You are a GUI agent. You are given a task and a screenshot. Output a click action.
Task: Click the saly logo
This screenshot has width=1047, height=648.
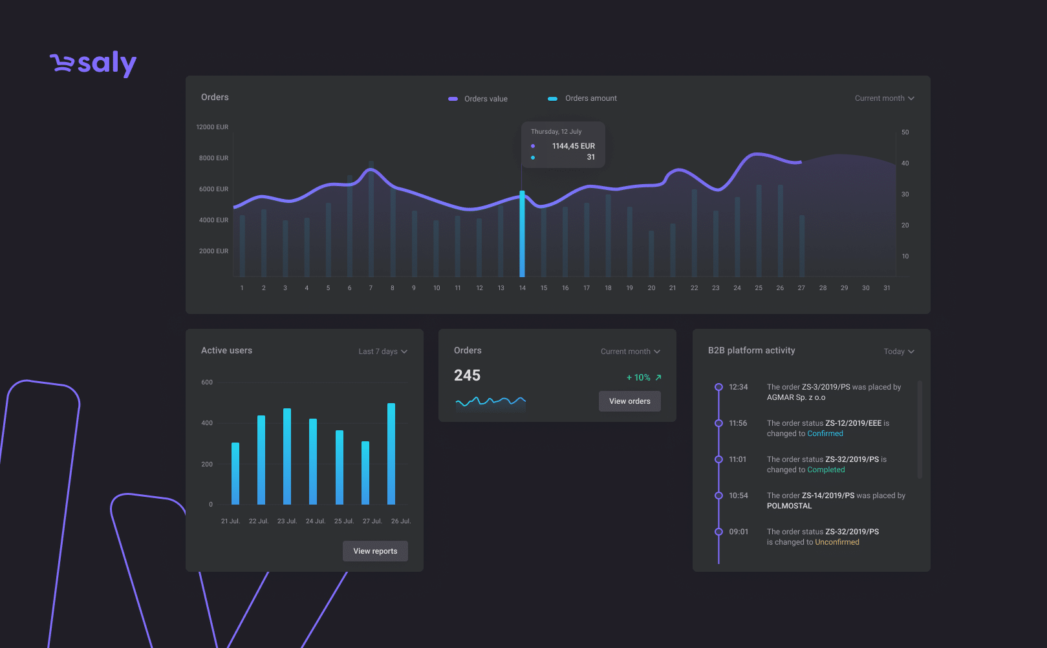tap(93, 64)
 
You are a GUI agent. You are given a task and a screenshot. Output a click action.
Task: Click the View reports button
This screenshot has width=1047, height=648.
tap(375, 551)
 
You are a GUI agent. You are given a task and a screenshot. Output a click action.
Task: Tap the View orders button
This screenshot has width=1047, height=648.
tap(630, 401)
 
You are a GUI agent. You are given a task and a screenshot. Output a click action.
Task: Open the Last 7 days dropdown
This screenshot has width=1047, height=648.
tap(383, 351)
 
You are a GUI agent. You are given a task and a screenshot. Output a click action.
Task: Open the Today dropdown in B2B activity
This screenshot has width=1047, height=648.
tap(899, 351)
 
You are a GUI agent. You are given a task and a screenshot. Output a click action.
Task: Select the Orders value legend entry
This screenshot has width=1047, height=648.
tap(478, 98)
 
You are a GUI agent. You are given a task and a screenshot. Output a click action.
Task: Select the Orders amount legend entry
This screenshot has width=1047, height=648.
tap(582, 98)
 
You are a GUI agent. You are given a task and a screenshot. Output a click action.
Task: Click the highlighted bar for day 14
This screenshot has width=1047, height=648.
tap(522, 233)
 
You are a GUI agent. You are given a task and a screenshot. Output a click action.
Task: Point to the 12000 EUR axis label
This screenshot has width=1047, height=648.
tap(212, 127)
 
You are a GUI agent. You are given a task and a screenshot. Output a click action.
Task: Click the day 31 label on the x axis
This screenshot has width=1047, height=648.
tap(887, 288)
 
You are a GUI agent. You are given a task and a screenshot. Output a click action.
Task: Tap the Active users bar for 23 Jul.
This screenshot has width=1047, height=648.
tap(287, 456)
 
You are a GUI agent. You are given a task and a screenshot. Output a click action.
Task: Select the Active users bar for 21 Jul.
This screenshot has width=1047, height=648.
tap(235, 474)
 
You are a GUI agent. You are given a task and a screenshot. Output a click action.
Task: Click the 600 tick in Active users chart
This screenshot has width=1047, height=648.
tap(207, 382)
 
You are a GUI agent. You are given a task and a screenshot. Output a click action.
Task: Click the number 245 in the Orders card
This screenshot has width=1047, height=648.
tap(467, 375)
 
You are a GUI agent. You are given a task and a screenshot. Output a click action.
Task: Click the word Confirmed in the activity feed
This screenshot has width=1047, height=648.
tap(825, 434)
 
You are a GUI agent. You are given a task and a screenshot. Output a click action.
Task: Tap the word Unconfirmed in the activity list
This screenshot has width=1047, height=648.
tap(837, 542)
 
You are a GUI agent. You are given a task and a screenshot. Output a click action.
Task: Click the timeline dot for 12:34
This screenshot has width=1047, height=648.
tap(719, 387)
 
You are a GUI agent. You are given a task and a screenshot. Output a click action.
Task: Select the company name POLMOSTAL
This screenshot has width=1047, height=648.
tap(789, 506)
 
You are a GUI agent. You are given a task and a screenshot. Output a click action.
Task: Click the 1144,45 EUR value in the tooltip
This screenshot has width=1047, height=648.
tap(573, 146)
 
